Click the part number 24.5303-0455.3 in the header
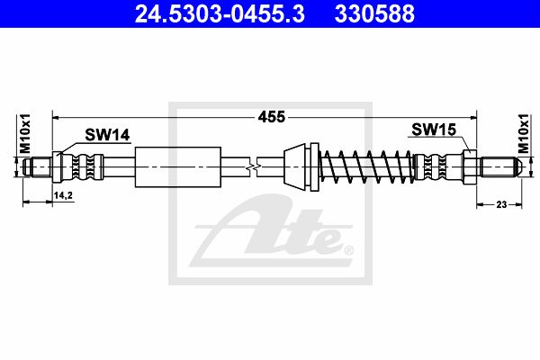(220, 13)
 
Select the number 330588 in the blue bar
(374, 13)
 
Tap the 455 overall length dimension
(272, 117)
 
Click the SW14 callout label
(107, 135)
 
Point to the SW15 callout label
(434, 130)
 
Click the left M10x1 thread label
(25, 133)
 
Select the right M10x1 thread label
(524, 133)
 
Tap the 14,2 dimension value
(63, 195)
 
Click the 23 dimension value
(501, 204)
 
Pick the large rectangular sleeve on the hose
(177, 167)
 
